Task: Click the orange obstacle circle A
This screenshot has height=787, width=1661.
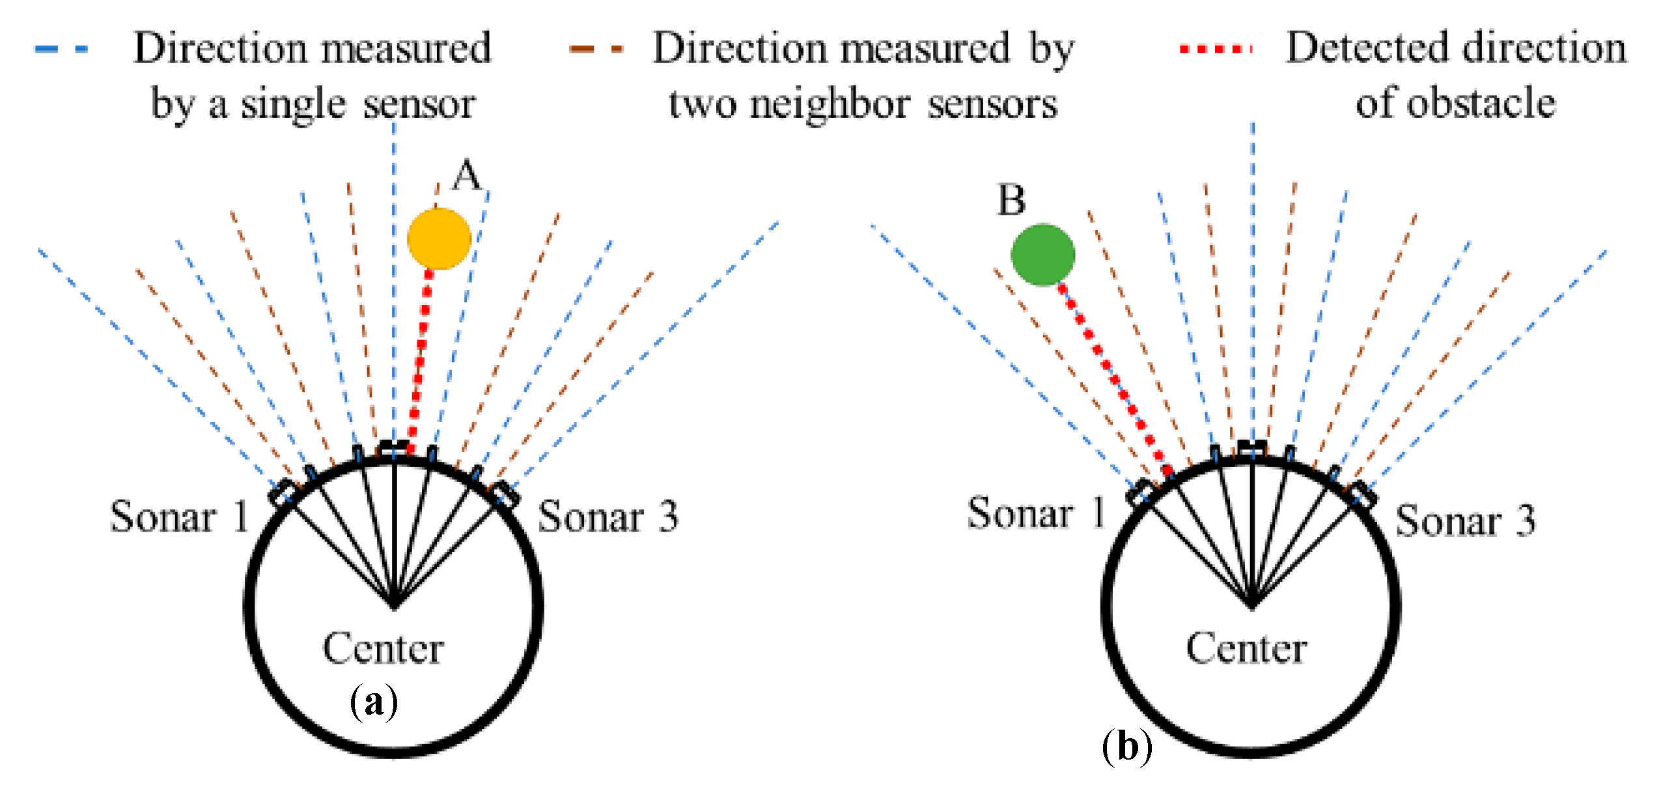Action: pos(439,238)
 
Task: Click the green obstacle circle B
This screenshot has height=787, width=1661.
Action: pos(1042,255)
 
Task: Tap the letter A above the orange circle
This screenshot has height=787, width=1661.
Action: pos(466,175)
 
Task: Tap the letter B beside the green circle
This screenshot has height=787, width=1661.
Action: pos(1011,200)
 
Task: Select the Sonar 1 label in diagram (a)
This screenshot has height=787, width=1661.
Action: pos(180,517)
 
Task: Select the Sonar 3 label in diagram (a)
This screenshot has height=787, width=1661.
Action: pos(608,517)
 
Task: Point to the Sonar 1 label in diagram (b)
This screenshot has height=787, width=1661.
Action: pos(1037,513)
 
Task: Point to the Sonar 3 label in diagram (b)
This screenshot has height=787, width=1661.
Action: pos(1465,521)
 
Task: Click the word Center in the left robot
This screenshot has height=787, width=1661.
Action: pos(383,648)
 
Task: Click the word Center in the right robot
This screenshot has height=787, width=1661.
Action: pos(1246,648)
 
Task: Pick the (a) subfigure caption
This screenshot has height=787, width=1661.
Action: pos(373,702)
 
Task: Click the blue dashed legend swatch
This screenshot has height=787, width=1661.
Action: pos(62,49)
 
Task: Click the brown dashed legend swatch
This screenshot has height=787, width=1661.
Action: pos(596,49)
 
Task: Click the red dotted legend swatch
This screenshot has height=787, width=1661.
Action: pos(1216,49)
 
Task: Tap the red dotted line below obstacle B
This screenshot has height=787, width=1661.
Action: pos(1114,378)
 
